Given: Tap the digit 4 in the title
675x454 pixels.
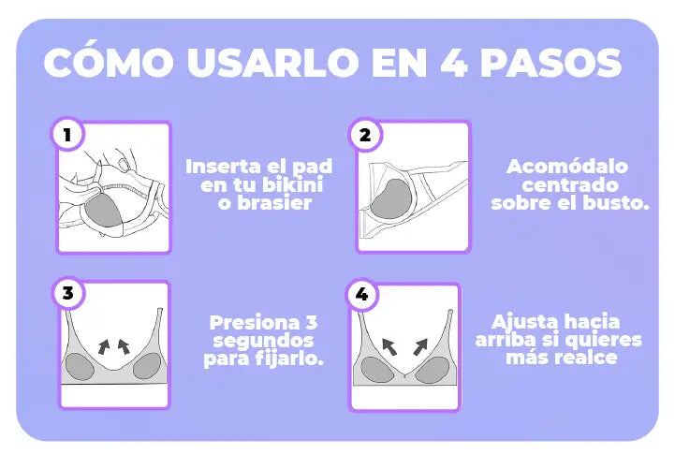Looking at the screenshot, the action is pos(454,63).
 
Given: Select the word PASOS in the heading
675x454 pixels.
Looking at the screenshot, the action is pos(551,63).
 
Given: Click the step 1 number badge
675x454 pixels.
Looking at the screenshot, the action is pos(67,134).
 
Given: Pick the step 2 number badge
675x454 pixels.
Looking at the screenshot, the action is pos(365,135).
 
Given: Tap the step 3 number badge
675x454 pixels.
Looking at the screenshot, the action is pos(68,293).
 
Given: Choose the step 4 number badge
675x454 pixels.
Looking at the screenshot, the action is pos(362,294).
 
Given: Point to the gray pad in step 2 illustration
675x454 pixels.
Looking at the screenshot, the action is pos(391,198).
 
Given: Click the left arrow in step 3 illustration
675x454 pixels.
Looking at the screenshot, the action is pos(104,346).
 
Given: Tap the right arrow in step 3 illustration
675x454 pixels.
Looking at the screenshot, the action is pos(124,346).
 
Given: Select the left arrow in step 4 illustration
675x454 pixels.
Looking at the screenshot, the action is pos(389,346).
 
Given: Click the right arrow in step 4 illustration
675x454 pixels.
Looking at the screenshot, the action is pos(420,346).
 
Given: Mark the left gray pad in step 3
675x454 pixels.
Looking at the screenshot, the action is pos(80,367).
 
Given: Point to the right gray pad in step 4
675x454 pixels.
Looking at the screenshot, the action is pos(433,370).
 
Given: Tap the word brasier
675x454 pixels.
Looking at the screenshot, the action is pos(274,203).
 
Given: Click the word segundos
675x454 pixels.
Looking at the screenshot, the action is pos(263,341).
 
